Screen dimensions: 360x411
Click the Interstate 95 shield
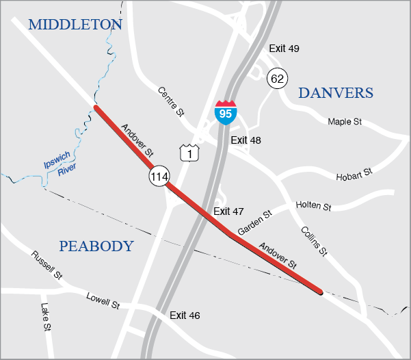224,112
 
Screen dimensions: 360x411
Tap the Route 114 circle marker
159,177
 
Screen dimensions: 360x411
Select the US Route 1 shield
189,153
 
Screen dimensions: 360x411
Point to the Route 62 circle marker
277,79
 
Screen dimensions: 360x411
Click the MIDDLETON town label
75,25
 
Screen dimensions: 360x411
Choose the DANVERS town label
336,93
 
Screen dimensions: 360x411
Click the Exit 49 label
284,49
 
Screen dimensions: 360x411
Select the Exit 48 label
247,140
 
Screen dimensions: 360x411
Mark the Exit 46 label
185,316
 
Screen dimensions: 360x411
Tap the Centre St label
171,101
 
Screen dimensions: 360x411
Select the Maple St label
344,122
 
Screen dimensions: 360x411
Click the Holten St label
313,206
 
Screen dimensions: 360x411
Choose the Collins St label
313,241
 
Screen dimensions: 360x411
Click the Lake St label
46,317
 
